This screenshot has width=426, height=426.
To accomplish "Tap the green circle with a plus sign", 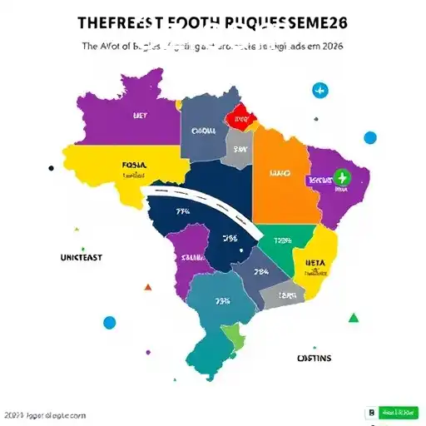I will [x=339, y=177].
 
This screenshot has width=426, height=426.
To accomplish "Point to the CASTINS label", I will [x=315, y=359].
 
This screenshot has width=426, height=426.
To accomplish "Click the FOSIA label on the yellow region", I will [x=133, y=166].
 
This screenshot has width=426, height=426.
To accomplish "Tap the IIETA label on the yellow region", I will [x=314, y=260].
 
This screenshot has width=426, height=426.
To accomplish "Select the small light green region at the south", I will [x=235, y=337].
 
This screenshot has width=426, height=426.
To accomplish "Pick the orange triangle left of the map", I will [x=148, y=287].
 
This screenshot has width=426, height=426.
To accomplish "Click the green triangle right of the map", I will [x=353, y=317].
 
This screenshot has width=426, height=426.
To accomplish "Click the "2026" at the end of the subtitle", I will [x=330, y=47].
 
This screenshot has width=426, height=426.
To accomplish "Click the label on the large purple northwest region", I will [x=139, y=117].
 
